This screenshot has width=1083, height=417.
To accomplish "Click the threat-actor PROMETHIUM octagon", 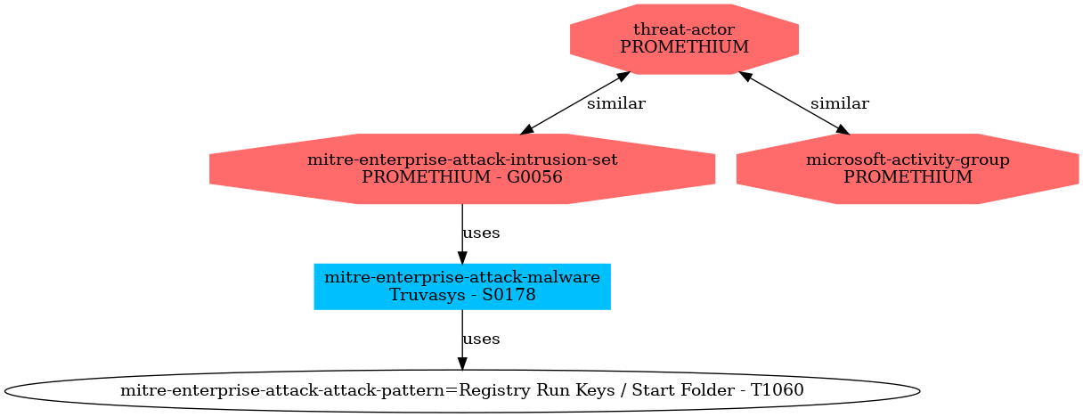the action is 684,39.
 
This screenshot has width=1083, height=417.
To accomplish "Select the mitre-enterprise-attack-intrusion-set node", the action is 461,168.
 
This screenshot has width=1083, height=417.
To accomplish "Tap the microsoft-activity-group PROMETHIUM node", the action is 908,168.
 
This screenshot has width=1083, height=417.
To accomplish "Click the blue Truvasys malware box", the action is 461,286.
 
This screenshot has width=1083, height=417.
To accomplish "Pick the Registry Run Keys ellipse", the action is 461,391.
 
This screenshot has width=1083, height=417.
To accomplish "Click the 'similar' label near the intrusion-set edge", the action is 616,103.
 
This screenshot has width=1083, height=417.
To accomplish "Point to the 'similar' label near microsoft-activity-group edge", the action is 840,103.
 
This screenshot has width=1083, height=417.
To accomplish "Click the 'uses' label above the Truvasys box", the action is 481,233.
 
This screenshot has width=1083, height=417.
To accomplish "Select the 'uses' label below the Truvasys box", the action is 481,339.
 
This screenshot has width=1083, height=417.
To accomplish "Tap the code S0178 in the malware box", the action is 509,295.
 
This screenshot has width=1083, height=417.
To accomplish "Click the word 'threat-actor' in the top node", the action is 684,29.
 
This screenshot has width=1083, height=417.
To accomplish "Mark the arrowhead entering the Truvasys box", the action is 462,258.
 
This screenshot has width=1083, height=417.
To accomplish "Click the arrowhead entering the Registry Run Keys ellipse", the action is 462,364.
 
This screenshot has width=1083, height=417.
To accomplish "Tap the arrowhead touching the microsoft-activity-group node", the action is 843,130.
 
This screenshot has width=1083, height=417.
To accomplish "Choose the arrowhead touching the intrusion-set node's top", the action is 527,130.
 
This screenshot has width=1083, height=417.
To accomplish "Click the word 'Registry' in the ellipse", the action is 486,391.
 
